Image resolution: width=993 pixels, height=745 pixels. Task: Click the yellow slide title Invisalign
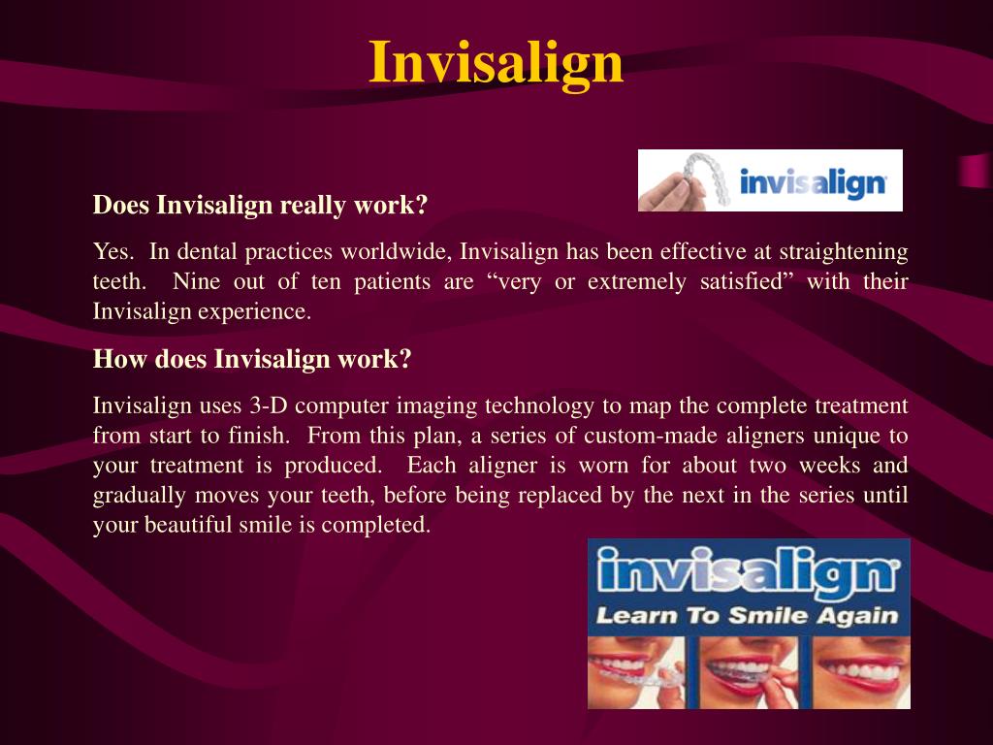tap(496, 62)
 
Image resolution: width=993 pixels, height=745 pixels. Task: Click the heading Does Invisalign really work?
tap(260, 206)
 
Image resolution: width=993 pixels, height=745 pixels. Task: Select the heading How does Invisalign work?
tap(252, 359)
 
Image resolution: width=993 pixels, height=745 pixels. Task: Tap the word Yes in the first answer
tap(111, 252)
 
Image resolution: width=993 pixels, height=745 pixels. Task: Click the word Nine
tap(197, 282)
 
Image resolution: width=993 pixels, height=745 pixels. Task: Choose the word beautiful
tap(186, 526)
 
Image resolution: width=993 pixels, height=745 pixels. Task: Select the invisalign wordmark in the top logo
tap(813, 182)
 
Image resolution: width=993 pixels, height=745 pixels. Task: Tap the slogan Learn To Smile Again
tap(747, 615)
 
